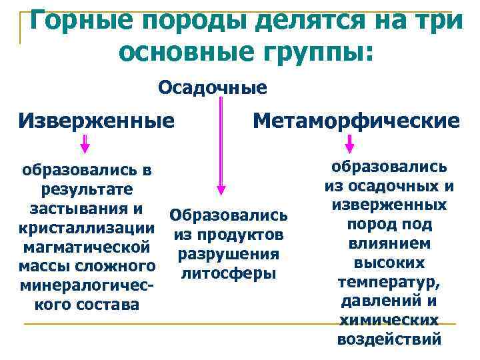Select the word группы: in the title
pos(303,51)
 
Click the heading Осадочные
pos(213,87)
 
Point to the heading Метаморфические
pos(357,121)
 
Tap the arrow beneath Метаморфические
pos(349,144)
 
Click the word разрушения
pos(227,254)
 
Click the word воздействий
pos(389,339)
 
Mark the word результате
pos(87,189)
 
